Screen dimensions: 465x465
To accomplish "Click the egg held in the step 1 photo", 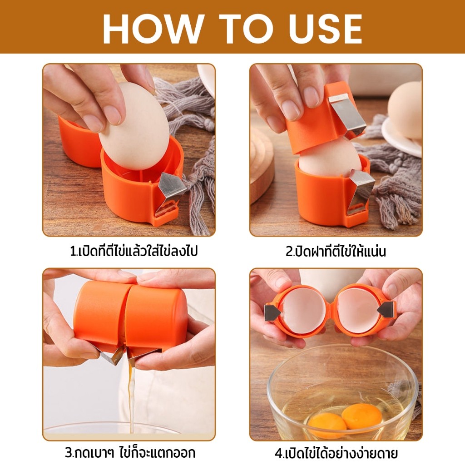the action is [134, 126].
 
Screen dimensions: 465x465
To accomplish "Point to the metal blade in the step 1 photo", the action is [169, 192].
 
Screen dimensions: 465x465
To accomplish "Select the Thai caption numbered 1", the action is [134, 251].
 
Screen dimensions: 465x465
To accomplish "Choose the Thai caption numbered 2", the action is [336, 251].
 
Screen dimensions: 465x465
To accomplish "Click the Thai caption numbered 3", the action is [130, 453].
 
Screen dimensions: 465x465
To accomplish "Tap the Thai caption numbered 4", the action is [336, 453].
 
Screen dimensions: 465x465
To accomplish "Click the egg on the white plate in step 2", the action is [405, 110].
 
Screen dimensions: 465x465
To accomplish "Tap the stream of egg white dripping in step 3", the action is [132, 397].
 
